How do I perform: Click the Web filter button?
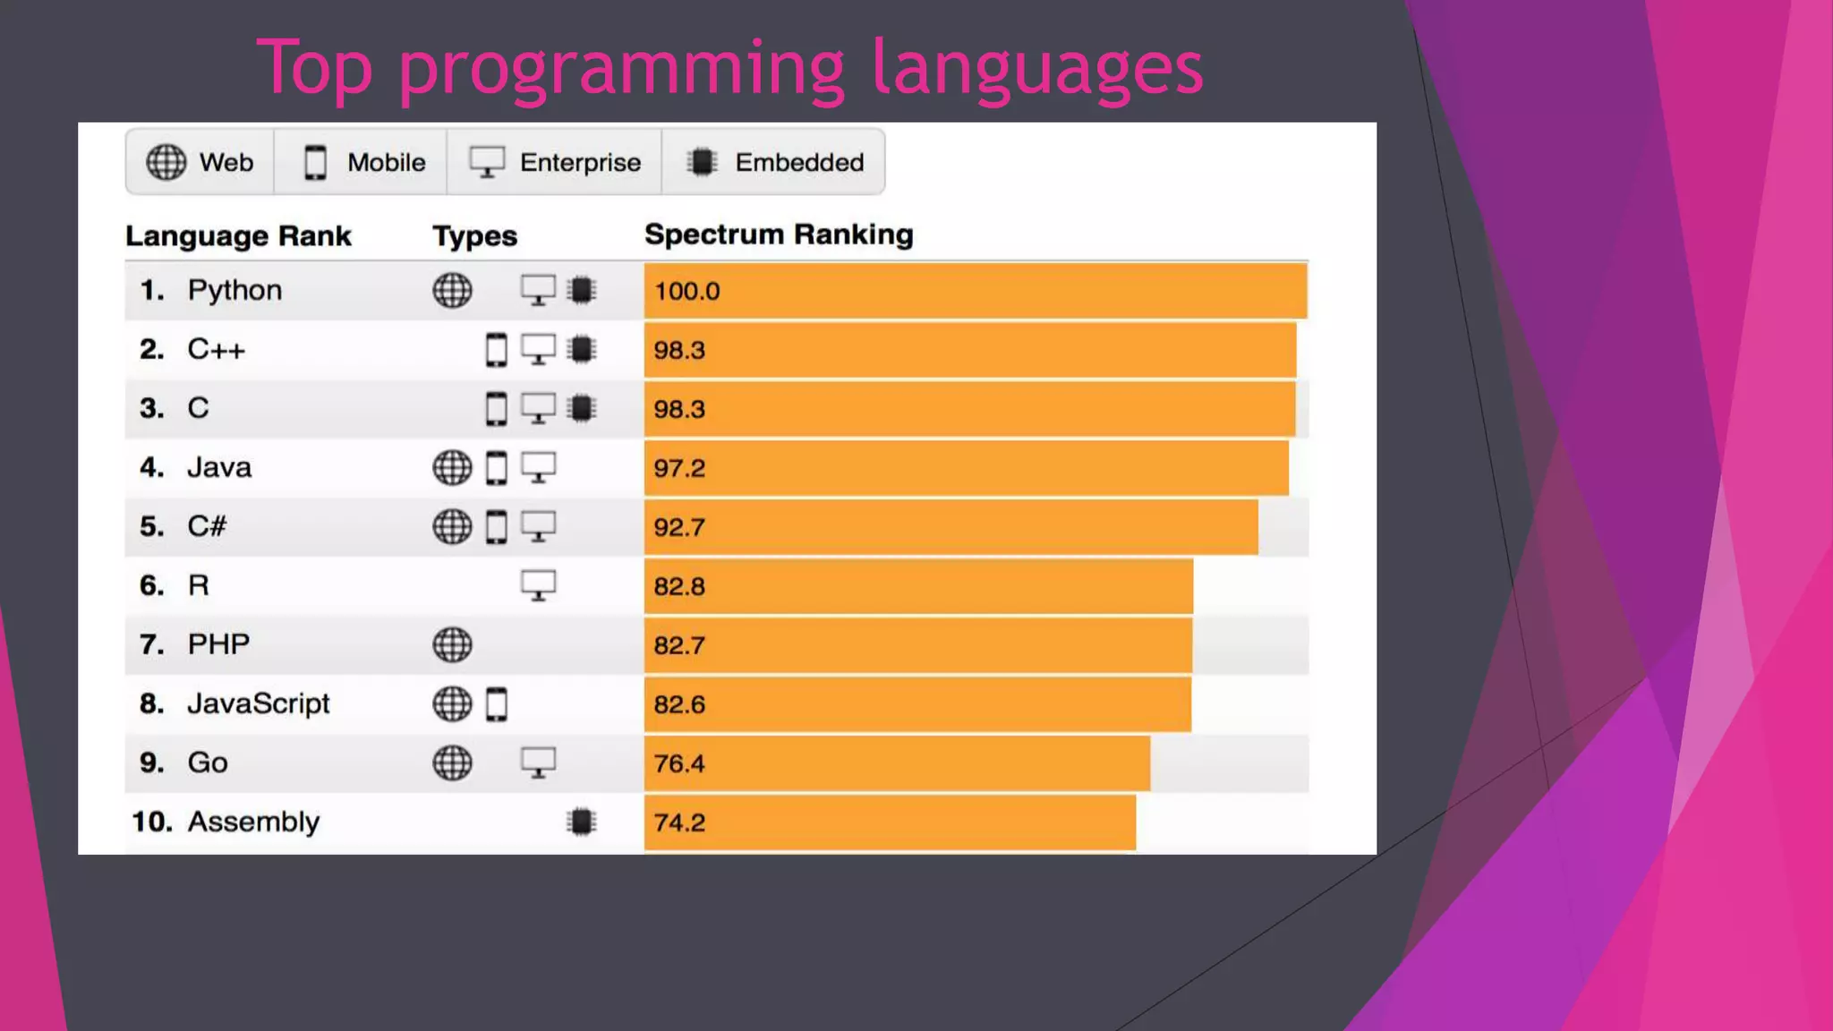[x=200, y=162]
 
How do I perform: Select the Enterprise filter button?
[x=554, y=162]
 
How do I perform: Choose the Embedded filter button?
[x=774, y=162]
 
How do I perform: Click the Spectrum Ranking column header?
[x=779, y=234]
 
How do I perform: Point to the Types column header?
[x=474, y=236]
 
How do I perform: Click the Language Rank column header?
[x=238, y=236]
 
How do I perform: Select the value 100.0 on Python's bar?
[x=686, y=292]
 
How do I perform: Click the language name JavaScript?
[x=258, y=703]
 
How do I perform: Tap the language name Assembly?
[x=252, y=822]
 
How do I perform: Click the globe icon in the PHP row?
[x=452, y=644]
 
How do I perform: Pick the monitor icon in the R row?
[x=538, y=586]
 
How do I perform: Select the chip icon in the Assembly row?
[x=581, y=822]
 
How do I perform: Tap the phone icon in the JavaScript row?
[x=497, y=704]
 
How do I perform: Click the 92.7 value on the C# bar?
[x=678, y=527]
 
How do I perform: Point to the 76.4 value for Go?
[x=678, y=763]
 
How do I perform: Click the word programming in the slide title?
[x=621, y=70]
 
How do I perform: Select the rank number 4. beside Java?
[x=151, y=467]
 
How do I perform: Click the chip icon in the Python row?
[x=581, y=290]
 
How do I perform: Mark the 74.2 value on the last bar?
[x=678, y=822]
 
